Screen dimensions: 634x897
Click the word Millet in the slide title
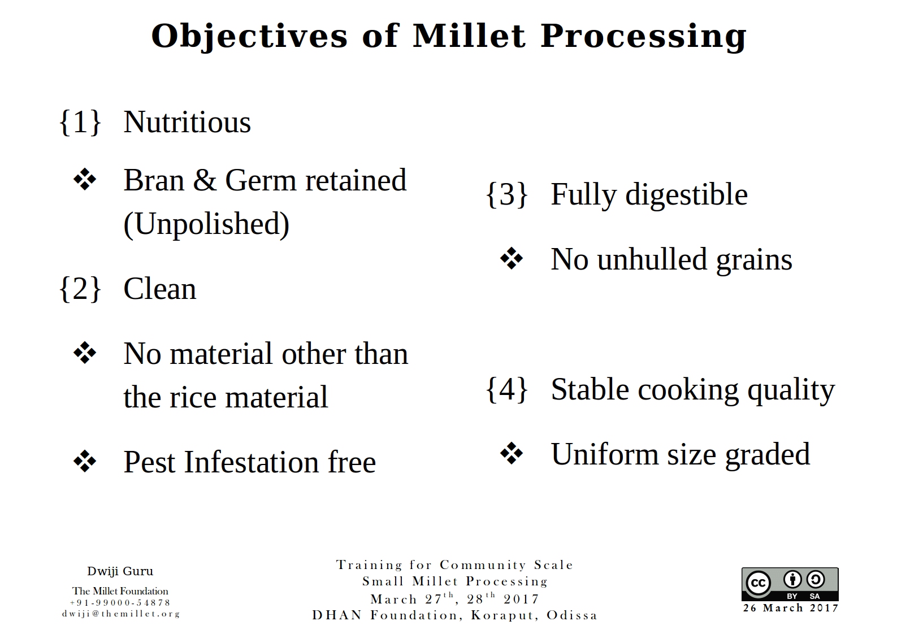[x=469, y=36]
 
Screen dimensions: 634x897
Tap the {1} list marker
[x=80, y=121]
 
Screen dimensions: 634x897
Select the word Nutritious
[x=187, y=122]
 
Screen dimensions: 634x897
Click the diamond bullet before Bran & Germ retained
[x=85, y=180]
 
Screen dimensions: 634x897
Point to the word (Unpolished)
[x=206, y=224]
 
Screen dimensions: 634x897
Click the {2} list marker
[x=80, y=289]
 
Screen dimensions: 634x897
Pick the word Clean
[x=160, y=289]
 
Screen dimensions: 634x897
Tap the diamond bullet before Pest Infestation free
[x=85, y=462]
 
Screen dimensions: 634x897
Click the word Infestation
[x=250, y=462]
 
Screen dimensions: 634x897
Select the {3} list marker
[x=507, y=194]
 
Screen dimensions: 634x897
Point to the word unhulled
[x=652, y=260]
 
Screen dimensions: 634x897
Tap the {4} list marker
[x=507, y=389]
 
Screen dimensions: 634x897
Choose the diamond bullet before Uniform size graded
[x=512, y=454]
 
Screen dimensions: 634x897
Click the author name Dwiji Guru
[x=120, y=571]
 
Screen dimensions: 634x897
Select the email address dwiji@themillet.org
[x=120, y=614]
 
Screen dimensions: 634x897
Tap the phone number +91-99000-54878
[x=120, y=603]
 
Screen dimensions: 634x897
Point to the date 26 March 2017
[x=790, y=608]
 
